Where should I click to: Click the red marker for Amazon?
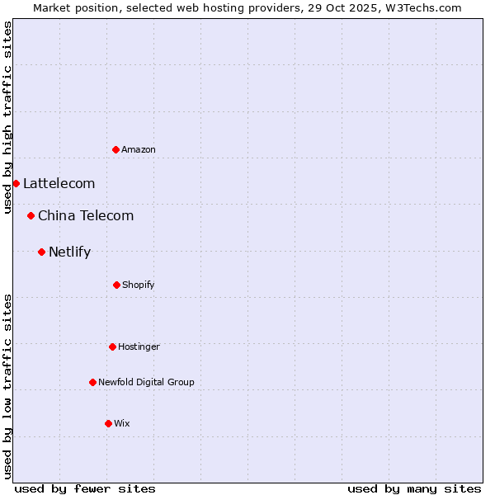click(116, 149)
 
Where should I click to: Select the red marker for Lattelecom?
click(16, 183)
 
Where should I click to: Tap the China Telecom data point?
click(31, 215)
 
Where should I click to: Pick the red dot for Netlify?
click(41, 252)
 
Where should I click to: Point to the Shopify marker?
click(116, 285)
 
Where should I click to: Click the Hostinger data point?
click(112, 346)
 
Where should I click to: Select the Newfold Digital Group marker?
click(92, 382)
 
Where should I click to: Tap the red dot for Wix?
click(108, 423)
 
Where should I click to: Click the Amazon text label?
click(139, 149)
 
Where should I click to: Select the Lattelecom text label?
click(59, 183)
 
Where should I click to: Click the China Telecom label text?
click(86, 215)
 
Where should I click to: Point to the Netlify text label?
click(69, 252)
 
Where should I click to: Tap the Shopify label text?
click(139, 285)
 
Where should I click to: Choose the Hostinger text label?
click(139, 346)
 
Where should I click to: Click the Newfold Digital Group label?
click(146, 382)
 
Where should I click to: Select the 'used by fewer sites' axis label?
click(85, 488)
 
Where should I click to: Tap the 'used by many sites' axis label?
click(414, 488)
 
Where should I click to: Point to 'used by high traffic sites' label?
click(7, 117)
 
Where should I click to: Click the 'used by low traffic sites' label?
click(7, 386)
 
